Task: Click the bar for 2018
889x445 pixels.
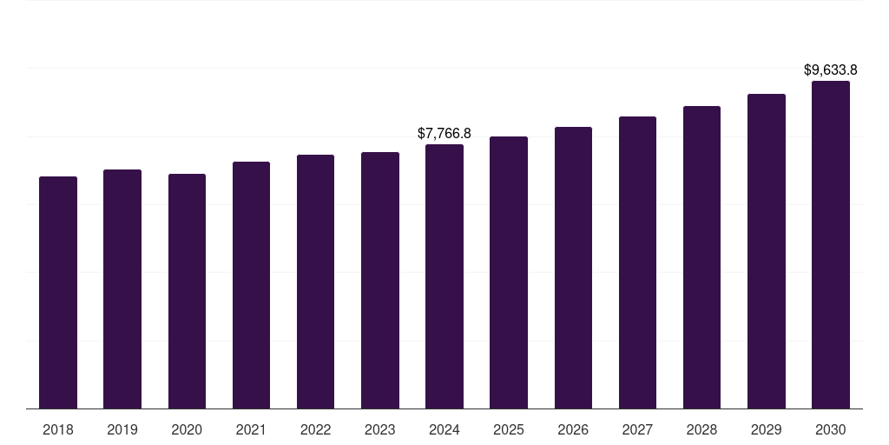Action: coord(58,292)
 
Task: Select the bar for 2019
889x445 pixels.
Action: coord(122,289)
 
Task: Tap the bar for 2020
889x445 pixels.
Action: coord(187,291)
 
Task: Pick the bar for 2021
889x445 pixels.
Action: coord(251,285)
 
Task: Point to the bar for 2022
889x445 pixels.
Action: coord(315,282)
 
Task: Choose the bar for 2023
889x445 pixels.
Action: coord(380,280)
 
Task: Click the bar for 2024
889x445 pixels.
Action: coord(444,276)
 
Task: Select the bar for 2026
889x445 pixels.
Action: coord(573,268)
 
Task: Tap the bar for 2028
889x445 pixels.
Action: coord(701,257)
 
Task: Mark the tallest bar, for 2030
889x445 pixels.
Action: coord(831,244)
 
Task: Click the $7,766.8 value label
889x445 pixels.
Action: coord(444,133)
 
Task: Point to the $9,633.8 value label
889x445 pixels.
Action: coord(831,70)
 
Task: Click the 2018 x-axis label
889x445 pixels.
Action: coord(58,429)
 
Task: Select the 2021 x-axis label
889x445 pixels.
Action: coord(251,429)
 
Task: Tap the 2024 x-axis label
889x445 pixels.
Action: coord(444,429)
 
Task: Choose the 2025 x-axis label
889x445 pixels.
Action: coord(509,429)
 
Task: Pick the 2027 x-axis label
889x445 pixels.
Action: coord(637,429)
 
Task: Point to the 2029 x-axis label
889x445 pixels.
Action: coord(767,429)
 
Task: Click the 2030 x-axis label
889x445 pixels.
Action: coord(831,429)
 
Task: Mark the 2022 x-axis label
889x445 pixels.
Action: coord(315,429)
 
